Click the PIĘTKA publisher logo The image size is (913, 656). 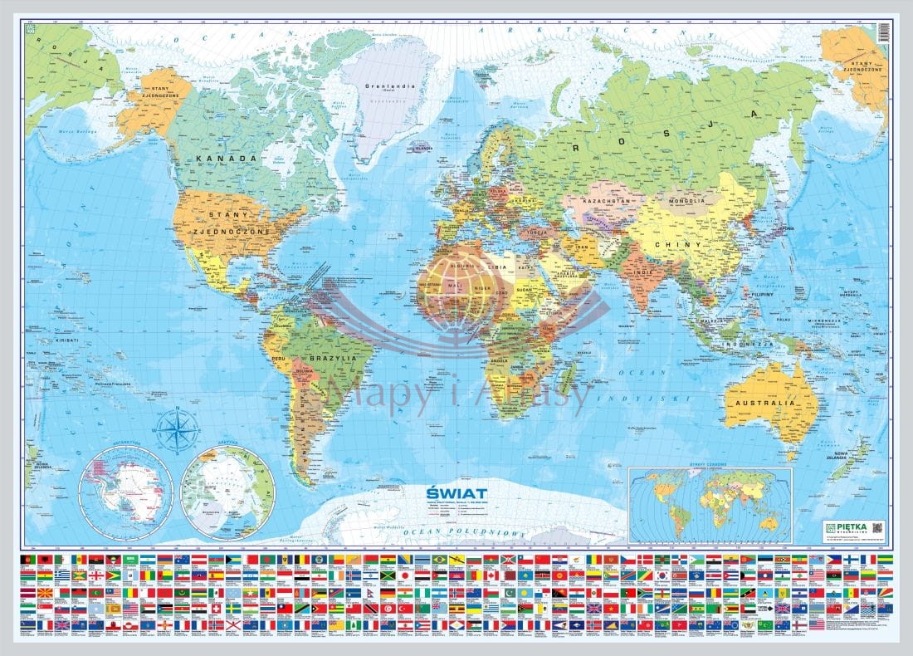click(844, 526)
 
